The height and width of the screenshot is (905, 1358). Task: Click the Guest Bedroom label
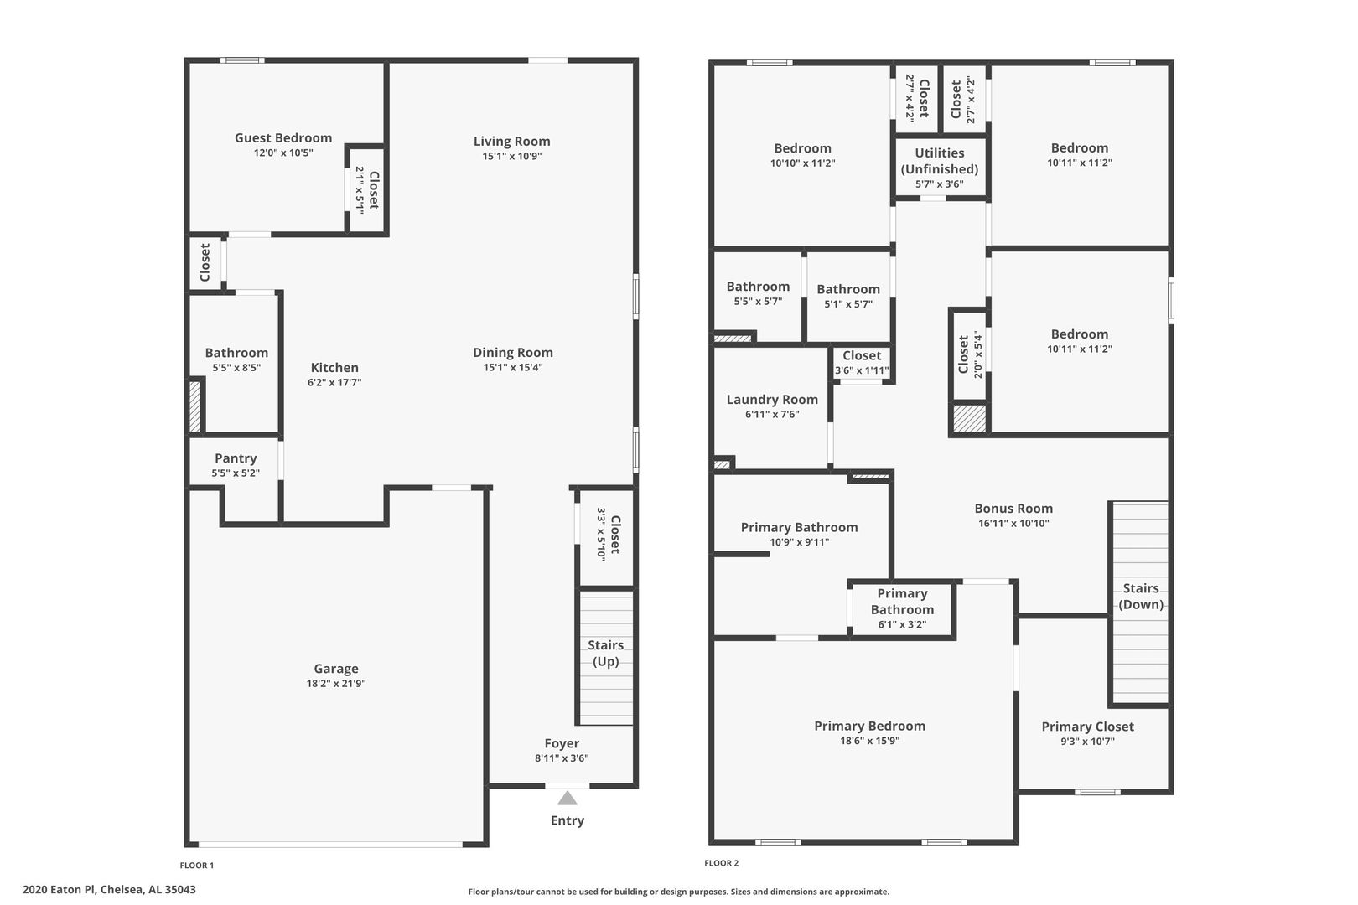(x=283, y=137)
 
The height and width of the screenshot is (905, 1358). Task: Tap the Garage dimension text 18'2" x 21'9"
(x=336, y=683)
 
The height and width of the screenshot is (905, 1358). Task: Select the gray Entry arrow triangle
(x=568, y=798)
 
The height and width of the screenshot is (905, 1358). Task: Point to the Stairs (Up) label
(x=605, y=653)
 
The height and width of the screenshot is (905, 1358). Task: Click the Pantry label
(x=236, y=458)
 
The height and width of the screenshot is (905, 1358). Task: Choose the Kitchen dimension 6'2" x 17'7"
(x=334, y=382)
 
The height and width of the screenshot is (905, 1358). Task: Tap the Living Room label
(x=511, y=142)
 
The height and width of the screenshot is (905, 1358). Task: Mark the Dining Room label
(x=513, y=352)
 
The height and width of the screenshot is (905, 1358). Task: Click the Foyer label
(x=562, y=743)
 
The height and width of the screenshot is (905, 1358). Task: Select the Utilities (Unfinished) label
(x=940, y=161)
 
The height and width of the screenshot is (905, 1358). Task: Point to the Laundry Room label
(x=772, y=400)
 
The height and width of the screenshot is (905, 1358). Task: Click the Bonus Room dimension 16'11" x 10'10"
(x=1013, y=523)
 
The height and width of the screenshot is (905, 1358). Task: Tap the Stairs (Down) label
(x=1141, y=596)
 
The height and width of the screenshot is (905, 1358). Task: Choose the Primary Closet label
(x=1087, y=727)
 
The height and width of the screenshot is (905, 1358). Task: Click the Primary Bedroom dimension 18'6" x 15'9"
(x=869, y=740)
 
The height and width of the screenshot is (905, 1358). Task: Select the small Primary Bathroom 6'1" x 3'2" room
(x=902, y=609)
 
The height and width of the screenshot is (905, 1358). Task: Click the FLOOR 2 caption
(x=722, y=862)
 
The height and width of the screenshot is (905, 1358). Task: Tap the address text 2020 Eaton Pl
(x=59, y=889)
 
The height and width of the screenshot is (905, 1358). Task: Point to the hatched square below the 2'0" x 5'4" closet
(x=969, y=418)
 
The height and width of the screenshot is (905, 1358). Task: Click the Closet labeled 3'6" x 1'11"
(x=862, y=363)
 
